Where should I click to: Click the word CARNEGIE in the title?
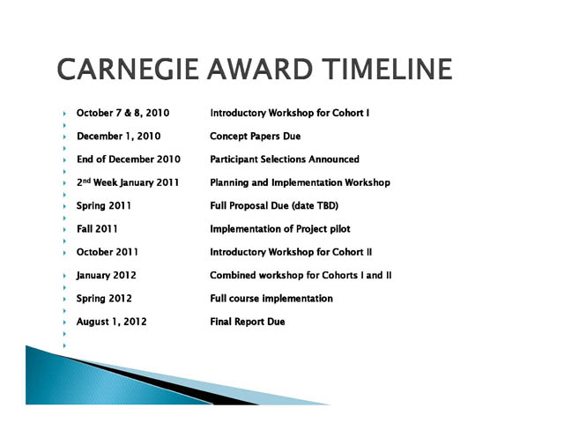tap(128, 69)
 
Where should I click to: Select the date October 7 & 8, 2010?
tap(122, 113)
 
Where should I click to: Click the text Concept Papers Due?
tap(255, 137)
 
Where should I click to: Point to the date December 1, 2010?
tap(119, 137)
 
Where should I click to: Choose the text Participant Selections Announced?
tap(285, 159)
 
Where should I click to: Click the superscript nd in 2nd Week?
tap(86, 180)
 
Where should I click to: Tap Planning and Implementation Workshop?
tap(300, 182)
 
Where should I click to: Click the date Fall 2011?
tap(97, 229)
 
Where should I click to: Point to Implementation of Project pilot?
tap(280, 229)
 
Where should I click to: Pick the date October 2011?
tap(108, 252)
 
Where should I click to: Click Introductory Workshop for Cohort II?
tap(291, 252)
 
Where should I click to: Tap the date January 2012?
tap(106, 276)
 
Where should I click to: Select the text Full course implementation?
tap(271, 299)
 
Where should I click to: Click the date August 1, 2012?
tap(112, 322)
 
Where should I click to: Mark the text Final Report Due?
tap(248, 322)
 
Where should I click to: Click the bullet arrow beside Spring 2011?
tap(64, 206)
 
